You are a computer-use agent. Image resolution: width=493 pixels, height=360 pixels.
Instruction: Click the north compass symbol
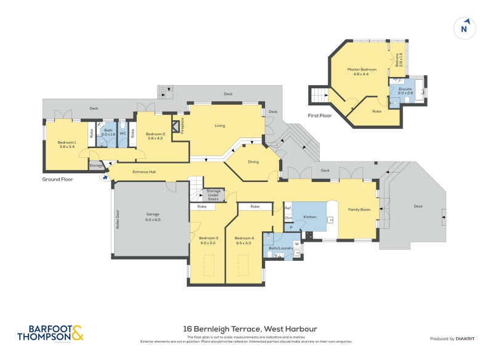[464, 28]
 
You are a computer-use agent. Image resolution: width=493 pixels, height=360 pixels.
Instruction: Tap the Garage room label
[152, 217]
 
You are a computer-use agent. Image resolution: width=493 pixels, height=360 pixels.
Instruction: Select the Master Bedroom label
[361, 72]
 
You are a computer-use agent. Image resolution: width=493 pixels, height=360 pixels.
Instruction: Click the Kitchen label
[309, 218]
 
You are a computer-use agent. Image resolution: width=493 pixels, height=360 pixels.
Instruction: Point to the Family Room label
[359, 210]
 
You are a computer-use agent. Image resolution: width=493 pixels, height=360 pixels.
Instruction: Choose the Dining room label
[253, 162]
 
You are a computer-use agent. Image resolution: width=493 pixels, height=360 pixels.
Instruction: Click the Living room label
[220, 126]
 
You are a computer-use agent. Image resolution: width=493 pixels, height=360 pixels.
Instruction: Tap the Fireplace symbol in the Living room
[176, 127]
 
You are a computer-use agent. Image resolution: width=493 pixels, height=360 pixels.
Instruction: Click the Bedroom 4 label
[244, 240]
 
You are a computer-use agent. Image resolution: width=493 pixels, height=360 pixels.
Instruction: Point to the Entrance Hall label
[144, 172]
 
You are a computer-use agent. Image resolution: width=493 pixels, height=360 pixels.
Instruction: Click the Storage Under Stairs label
[213, 195]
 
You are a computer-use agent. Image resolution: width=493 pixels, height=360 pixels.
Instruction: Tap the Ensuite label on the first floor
[405, 91]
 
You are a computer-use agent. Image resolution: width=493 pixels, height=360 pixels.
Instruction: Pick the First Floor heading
[320, 115]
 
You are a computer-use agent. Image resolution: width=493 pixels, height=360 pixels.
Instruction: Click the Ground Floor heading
[58, 179]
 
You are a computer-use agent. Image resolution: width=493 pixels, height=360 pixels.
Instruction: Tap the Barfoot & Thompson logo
[49, 333]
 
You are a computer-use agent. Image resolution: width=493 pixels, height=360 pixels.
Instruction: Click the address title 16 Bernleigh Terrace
[250, 329]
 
